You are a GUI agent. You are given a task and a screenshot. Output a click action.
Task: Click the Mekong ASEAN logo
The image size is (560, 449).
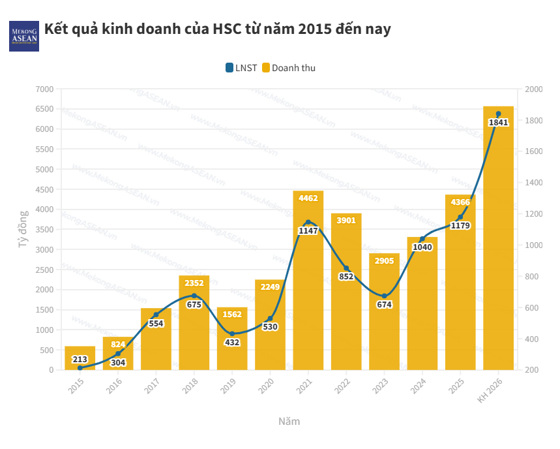pos(24,37)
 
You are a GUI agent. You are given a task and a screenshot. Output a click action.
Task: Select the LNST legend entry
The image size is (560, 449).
pos(241,67)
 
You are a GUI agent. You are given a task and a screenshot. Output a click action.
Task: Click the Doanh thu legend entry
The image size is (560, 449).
pos(289,67)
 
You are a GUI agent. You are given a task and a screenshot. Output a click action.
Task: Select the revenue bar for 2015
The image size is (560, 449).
pos(80,363)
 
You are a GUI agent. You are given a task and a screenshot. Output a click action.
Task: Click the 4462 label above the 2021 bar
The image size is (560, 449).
pos(308,197)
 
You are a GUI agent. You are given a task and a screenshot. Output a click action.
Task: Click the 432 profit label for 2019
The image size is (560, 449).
pos(232,342)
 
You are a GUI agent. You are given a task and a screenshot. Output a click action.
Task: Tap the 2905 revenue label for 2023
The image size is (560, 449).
pos(385,260)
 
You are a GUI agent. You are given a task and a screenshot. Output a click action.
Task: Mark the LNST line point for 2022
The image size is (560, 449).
pos(347,269)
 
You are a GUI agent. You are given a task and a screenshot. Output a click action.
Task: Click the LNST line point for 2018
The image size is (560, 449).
pos(194,296)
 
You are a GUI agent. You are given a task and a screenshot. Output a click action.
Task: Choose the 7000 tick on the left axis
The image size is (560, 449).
pos(44,89)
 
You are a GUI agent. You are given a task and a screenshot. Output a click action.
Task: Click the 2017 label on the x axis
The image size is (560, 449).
pos(153,386)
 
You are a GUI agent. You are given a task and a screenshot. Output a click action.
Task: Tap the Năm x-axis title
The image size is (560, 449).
pos(289,421)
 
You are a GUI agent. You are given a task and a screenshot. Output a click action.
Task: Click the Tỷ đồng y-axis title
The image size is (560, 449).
pos(23,228)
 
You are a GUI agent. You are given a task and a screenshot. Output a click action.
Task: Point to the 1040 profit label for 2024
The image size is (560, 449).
pos(422,247)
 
